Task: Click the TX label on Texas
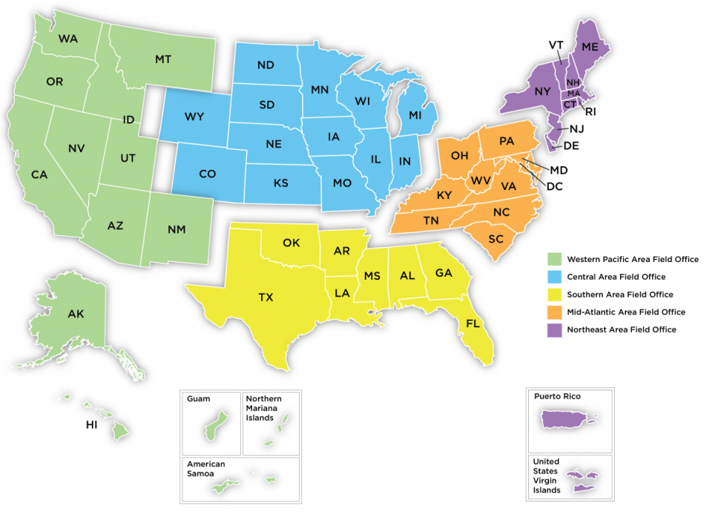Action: coord(266,297)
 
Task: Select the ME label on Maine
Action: coord(590,46)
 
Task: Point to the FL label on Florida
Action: coord(472,324)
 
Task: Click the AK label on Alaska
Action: coord(76,314)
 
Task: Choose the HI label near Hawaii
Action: coord(92,425)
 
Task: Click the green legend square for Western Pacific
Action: coord(553,259)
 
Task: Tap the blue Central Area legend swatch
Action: coord(553,277)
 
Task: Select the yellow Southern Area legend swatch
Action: coord(553,295)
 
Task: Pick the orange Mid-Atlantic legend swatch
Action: coord(553,312)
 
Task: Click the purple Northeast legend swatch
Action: coord(553,330)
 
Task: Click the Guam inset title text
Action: coord(199,399)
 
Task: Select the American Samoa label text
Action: coord(205,469)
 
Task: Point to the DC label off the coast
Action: coord(554,186)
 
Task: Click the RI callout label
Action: coord(590,112)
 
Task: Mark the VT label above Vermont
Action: coord(556,45)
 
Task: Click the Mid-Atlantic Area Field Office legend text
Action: coord(626,312)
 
